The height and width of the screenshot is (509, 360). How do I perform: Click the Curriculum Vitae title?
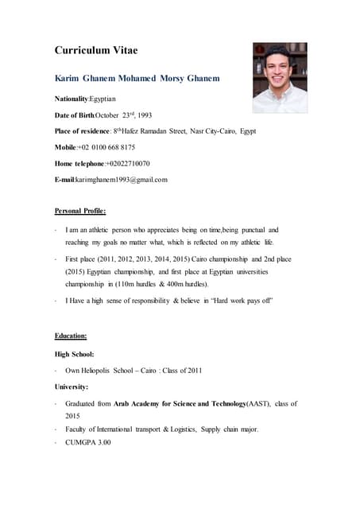95,50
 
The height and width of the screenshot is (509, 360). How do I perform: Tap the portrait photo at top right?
279,77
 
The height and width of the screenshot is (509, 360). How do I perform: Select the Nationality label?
72,99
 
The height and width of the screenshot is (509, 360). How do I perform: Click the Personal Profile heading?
79,211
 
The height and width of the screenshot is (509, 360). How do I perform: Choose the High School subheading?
74,353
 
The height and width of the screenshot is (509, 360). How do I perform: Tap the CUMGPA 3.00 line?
88,442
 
